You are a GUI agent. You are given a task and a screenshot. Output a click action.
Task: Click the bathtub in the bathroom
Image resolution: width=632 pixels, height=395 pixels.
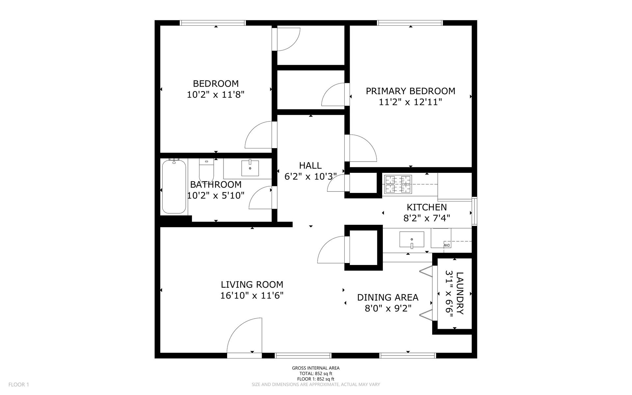coord(174,186)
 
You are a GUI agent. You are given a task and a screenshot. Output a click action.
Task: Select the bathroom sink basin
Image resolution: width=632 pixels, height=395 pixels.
coord(250,168)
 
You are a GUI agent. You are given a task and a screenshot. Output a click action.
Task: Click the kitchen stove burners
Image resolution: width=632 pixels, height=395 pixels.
coord(398,184)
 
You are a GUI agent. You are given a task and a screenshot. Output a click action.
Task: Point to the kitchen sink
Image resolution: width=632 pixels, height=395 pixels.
coord(412,239)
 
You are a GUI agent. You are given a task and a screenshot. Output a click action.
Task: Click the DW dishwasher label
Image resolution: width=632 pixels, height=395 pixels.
coord(447,246)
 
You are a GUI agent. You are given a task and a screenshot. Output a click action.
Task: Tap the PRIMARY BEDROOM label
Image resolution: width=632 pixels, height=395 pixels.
coord(410,91)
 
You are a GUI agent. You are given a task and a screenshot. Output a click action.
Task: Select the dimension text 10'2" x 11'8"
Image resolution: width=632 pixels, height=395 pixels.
coord(216,95)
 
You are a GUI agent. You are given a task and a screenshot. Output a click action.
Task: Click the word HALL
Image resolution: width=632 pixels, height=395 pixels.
coord(310,166)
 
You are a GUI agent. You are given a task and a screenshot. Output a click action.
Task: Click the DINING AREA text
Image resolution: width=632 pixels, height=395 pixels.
coord(388,298)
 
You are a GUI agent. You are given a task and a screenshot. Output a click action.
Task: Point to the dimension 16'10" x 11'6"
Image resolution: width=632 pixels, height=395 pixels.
coord(252,296)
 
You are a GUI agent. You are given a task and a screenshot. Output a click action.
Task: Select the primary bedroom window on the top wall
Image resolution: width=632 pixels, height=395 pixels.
coord(410,23)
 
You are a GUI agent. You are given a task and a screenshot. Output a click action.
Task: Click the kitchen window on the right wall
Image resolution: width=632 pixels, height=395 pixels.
coord(474,211)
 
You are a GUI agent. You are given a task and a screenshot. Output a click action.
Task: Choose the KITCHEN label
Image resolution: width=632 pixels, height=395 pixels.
coord(427,207)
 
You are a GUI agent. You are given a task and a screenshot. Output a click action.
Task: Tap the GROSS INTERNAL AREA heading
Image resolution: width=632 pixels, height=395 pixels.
coord(316,368)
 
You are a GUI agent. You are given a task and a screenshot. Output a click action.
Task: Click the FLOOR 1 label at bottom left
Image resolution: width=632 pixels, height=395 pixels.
coord(19,384)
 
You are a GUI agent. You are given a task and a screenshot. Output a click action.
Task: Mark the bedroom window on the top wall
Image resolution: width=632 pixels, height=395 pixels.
coord(213,23)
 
